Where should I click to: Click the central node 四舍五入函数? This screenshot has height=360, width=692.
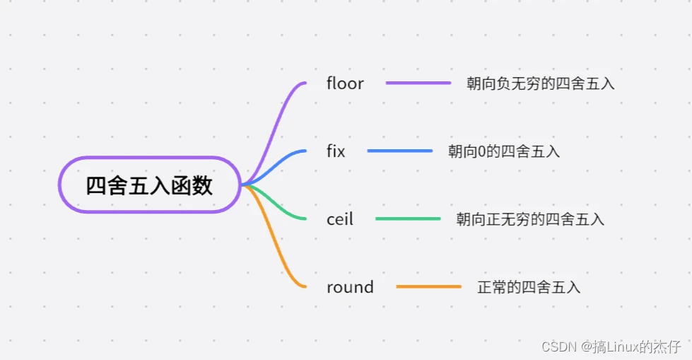tap(149, 185)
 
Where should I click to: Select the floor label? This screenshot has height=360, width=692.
tap(345, 83)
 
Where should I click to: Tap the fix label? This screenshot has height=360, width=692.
tap(336, 151)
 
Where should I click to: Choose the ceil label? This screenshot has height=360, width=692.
tap(340, 219)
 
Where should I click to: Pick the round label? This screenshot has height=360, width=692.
tap(350, 287)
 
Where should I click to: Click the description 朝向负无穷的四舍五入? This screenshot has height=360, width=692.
tap(541, 83)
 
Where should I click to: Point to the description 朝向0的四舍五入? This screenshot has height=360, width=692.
tap(504, 151)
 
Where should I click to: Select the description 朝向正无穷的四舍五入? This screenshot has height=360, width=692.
tap(530, 219)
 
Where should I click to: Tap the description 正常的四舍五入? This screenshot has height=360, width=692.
tap(529, 287)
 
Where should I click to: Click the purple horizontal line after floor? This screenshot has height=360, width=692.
tap(418, 83)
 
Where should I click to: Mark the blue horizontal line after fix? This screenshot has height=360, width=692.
tap(400, 151)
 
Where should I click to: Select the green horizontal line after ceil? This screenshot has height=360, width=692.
tap(409, 219)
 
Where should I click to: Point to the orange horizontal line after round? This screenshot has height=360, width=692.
tap(429, 286)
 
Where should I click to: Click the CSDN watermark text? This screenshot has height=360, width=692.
tap(559, 347)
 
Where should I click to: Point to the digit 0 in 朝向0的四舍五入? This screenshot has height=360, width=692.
tap(482, 152)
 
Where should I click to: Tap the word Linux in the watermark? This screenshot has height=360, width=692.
tap(623, 347)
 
